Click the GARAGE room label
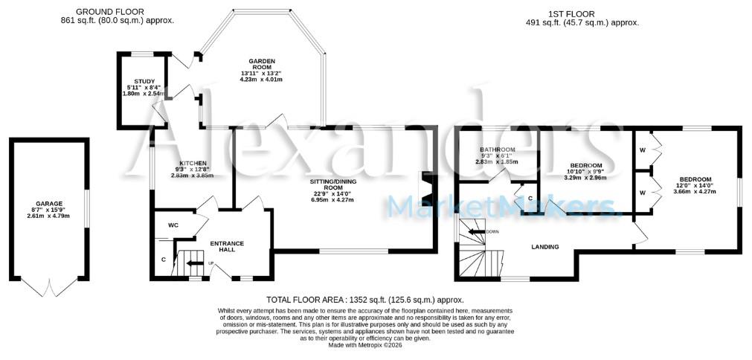49,203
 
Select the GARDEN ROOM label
263,63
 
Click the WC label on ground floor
173,224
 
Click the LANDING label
544,247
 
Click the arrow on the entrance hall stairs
193,263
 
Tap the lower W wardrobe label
641,192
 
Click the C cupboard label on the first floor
530,199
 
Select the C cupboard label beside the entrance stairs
163,260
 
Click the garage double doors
49,286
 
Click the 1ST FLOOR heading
582,13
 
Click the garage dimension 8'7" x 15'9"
49,210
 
